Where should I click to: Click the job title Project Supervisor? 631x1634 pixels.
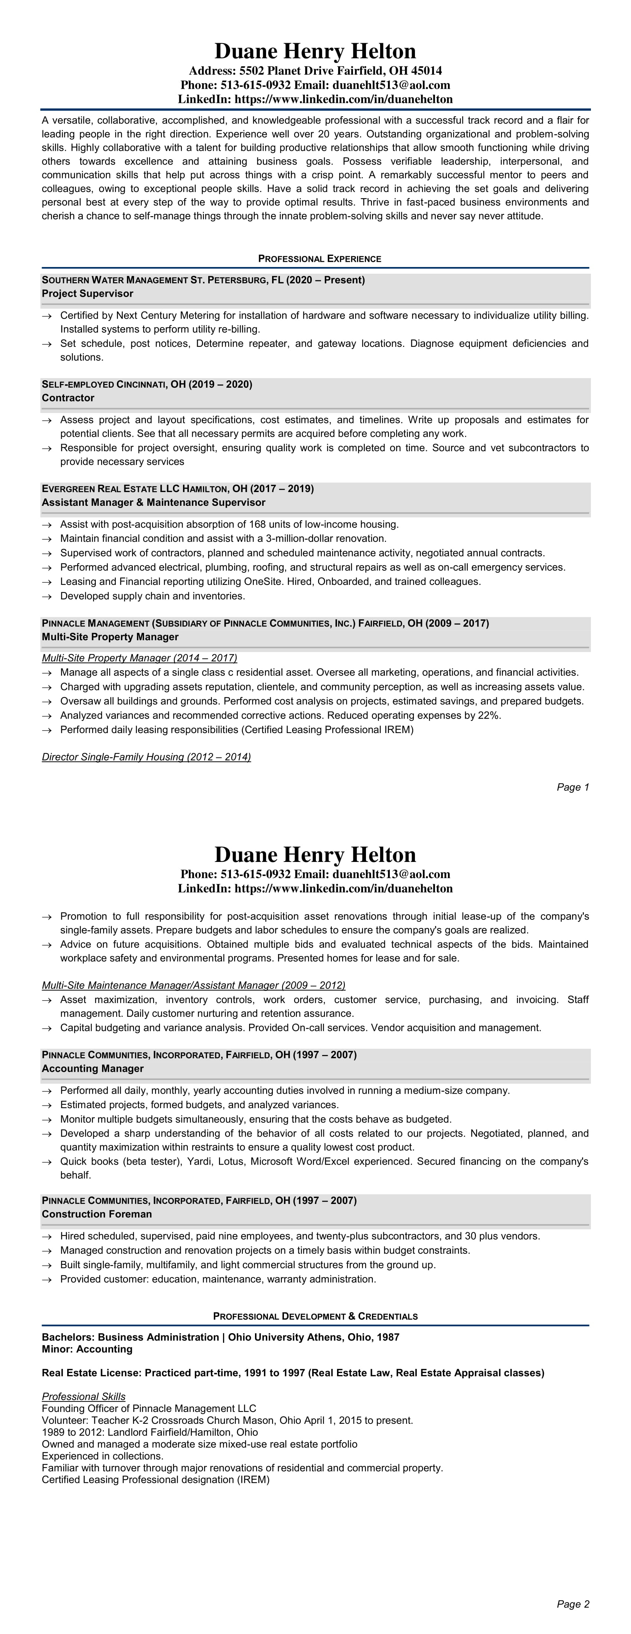pyautogui.click(x=88, y=294)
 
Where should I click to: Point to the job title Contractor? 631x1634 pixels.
pyautogui.click(x=68, y=398)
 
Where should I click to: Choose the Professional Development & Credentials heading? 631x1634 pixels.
pyautogui.click(x=315, y=1316)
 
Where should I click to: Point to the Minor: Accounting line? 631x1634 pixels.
pyautogui.click(x=87, y=1349)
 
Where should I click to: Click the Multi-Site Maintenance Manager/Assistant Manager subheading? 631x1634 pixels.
pyautogui.click(x=193, y=985)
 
